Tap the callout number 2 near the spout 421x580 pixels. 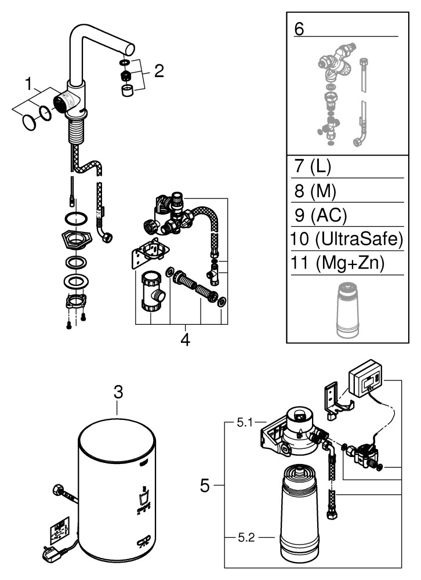[x=158, y=72]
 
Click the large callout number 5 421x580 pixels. [x=205, y=485]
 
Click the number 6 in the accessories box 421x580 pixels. [x=299, y=29]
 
